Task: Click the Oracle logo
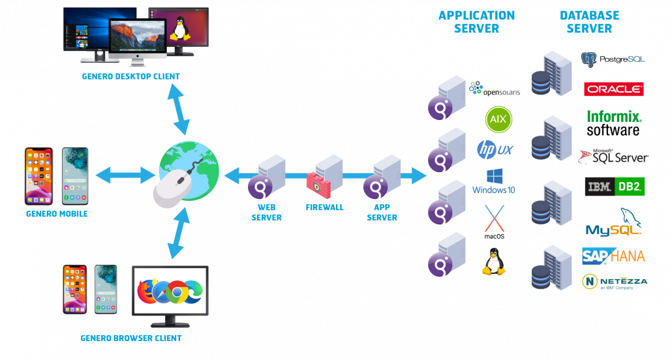click(x=614, y=89)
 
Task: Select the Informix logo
click(x=614, y=117)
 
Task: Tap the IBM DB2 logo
click(x=615, y=187)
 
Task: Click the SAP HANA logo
click(x=613, y=256)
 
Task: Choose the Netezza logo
click(x=614, y=281)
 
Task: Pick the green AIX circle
click(x=498, y=119)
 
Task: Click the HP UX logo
click(x=495, y=149)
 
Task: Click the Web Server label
click(x=267, y=213)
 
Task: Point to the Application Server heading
click(x=476, y=22)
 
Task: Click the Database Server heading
click(x=589, y=22)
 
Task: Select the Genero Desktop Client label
click(x=131, y=76)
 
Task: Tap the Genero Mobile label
click(x=57, y=214)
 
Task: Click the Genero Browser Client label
click(x=131, y=338)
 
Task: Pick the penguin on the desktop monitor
click(x=177, y=29)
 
